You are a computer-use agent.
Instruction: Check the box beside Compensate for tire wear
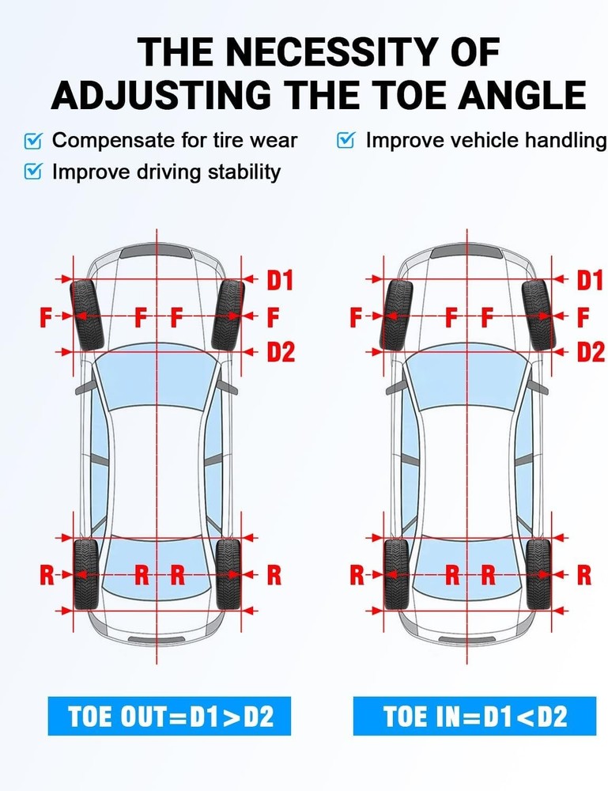pos(33,141)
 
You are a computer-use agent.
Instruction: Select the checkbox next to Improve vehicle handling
pos(346,141)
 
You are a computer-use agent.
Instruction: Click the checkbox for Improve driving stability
pos(33,172)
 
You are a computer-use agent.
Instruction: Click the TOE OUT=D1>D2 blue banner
pos(169,717)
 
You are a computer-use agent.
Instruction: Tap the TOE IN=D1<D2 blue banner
pos(474,717)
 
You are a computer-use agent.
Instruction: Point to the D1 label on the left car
pos(279,280)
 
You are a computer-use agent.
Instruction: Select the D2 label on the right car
pos(590,352)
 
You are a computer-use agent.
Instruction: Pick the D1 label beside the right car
pos(590,280)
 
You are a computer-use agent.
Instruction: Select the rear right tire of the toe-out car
pos(228,574)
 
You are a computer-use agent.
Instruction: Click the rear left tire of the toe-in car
pos(395,574)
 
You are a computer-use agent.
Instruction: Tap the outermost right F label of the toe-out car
pos(273,318)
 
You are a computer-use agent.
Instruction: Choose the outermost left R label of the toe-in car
pos(357,575)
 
